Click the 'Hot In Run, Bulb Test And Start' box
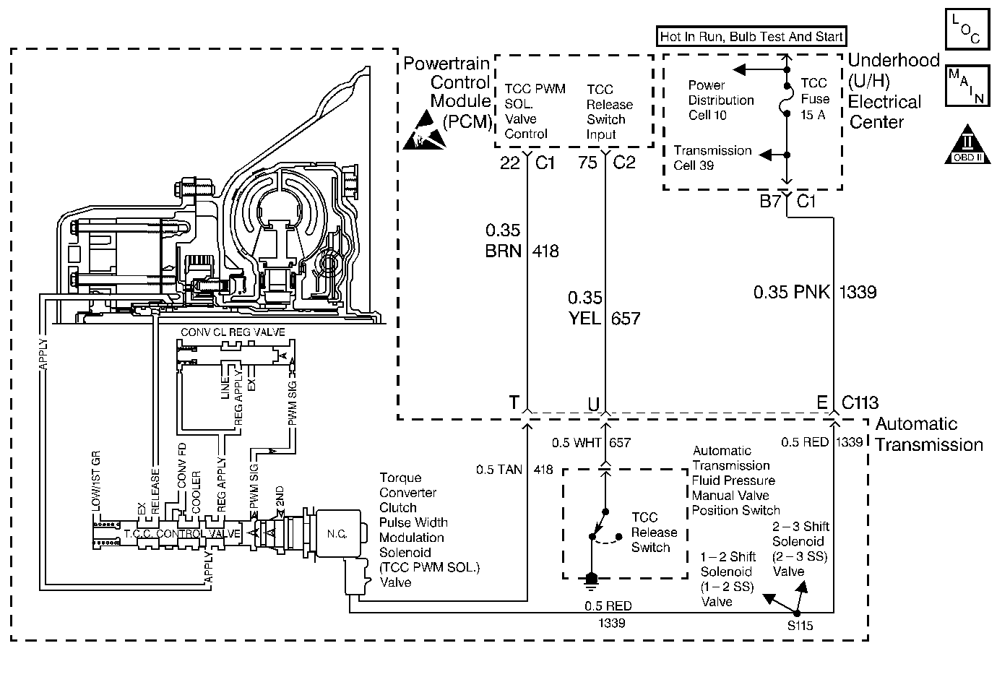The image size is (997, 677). tap(751, 36)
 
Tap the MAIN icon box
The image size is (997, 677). tap(967, 85)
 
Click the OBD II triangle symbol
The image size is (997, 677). tap(967, 145)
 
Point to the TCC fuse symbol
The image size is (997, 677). tap(786, 99)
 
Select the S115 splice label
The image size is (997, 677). tap(800, 626)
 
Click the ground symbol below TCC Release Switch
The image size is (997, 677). tap(591, 581)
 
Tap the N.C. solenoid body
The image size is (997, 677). tap(338, 533)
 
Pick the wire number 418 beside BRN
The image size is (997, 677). tap(545, 251)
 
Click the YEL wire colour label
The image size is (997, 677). tap(584, 318)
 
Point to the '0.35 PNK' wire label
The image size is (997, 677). tap(791, 292)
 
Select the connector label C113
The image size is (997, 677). tap(860, 402)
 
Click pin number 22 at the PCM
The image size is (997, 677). tap(509, 163)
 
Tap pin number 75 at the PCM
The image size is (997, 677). tap(587, 163)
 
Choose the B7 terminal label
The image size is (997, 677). tap(770, 201)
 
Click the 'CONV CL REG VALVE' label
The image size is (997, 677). tap(233, 332)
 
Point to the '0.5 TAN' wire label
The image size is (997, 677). tap(499, 470)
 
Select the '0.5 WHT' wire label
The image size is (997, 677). tap(577, 442)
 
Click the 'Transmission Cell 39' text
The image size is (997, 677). tap(712, 158)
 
